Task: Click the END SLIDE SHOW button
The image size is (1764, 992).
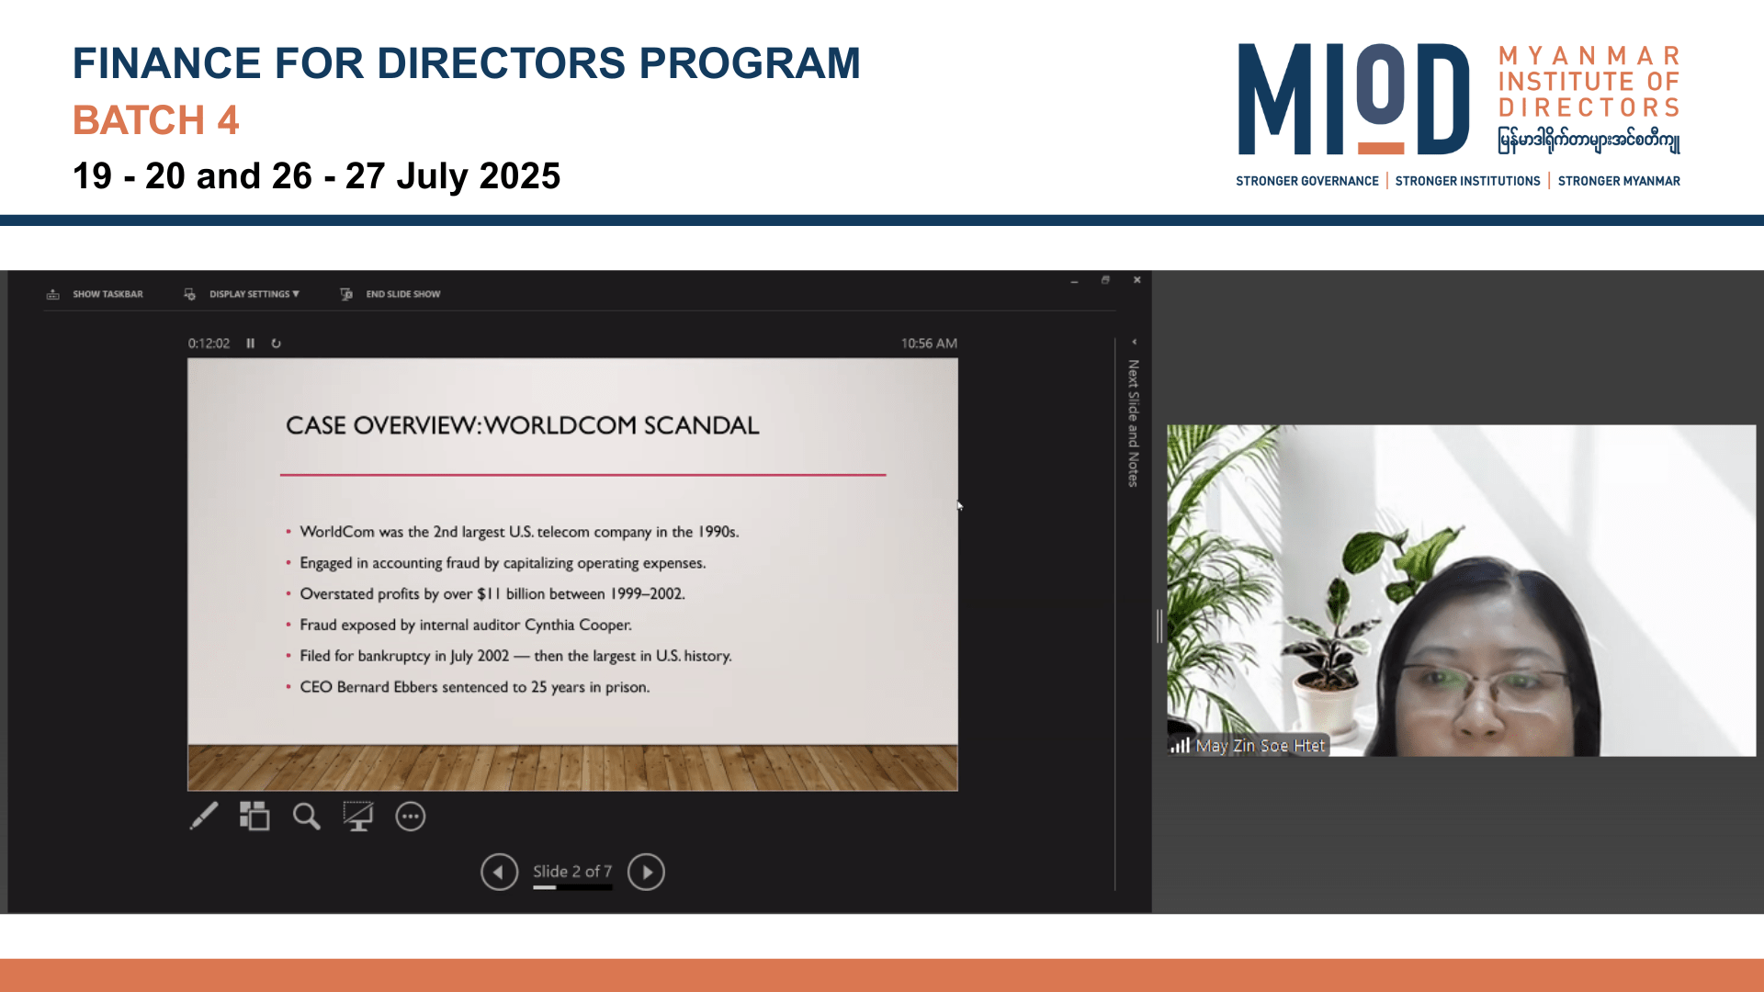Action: coord(391,294)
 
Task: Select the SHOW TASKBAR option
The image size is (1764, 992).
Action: coord(96,294)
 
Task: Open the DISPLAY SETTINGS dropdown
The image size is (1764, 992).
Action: coord(243,294)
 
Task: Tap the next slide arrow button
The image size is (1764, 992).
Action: coord(646,872)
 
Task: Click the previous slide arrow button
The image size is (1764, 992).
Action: coord(499,872)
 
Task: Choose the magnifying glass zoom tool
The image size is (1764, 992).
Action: coord(307,817)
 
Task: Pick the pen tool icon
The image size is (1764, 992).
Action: coord(204,816)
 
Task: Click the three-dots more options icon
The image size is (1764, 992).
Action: coord(411,817)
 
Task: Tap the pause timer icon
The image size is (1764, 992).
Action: coord(250,344)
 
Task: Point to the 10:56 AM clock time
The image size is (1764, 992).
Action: coord(929,344)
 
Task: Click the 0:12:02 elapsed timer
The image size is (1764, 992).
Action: coord(209,344)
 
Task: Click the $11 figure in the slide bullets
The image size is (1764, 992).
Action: coord(489,593)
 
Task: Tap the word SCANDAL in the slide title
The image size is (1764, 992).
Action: coord(702,425)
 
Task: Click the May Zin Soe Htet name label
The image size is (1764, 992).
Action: coord(1261,746)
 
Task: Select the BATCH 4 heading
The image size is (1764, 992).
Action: coord(156,120)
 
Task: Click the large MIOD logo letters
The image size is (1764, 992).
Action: coord(1353,99)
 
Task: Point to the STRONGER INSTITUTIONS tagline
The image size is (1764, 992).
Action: coord(1467,181)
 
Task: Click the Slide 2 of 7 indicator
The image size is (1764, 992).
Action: coord(572,872)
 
